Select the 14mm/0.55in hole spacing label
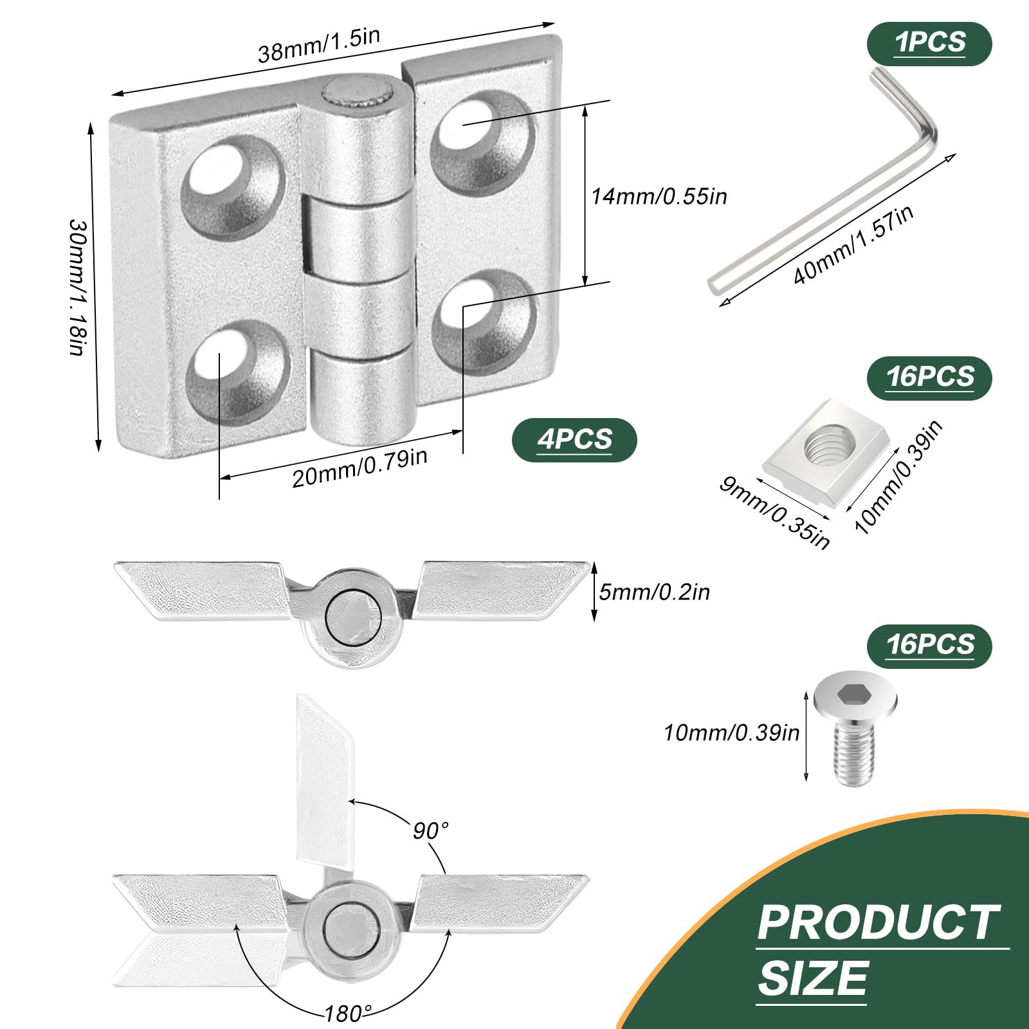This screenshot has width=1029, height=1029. click(659, 196)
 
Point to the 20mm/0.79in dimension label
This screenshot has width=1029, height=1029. click(360, 468)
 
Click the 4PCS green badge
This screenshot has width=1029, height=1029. click(574, 440)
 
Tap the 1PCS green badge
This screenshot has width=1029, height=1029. click(929, 42)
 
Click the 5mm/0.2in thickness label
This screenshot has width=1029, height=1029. click(654, 592)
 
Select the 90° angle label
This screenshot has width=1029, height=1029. click(430, 830)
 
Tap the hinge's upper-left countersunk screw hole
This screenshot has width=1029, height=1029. click(232, 187)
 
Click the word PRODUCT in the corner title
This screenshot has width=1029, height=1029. click(878, 923)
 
